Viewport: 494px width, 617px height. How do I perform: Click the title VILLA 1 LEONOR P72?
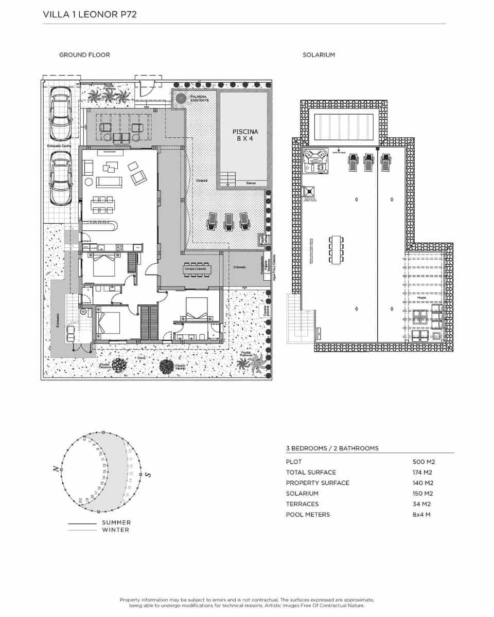point(90,15)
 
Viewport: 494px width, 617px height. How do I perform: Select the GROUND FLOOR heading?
point(84,55)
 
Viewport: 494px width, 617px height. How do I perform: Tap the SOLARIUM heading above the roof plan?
point(319,55)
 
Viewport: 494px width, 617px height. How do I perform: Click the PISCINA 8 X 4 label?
point(245,135)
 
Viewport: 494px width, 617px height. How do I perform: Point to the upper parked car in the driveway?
point(60,113)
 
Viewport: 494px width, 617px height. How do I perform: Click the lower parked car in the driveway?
point(60,177)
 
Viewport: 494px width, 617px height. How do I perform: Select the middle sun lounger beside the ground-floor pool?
point(227,222)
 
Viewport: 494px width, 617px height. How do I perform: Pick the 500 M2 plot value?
point(424,462)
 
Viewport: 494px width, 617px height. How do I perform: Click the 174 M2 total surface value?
point(423,473)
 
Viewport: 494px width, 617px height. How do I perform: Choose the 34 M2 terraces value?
point(422,504)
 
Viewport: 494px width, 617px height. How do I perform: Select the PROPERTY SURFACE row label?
point(317,483)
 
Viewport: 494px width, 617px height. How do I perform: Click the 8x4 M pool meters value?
point(421,515)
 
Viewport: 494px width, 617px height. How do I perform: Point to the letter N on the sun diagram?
point(55,469)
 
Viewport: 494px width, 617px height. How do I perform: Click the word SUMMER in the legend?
point(116,523)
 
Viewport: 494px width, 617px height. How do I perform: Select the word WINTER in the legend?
point(115,530)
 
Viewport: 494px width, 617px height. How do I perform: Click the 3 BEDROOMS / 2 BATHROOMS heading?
point(332,448)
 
